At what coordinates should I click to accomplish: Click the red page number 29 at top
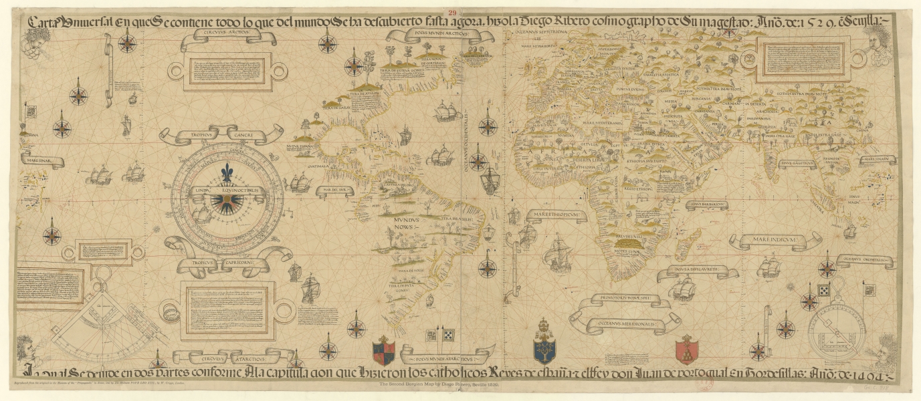(453, 11)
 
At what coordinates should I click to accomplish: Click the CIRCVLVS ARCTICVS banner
(218, 37)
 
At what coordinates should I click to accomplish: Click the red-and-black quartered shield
(385, 349)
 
